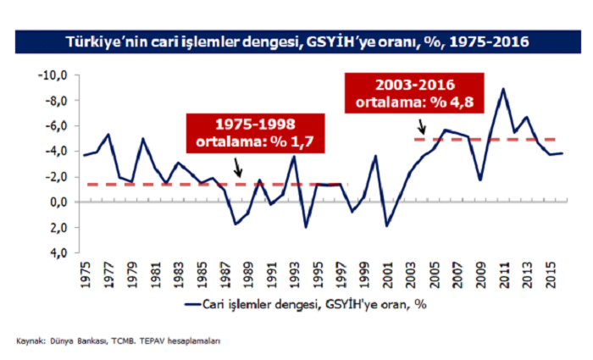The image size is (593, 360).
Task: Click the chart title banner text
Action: pos(296,40)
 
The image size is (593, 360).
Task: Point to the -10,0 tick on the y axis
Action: pos(53,75)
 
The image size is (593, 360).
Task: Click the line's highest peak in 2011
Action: pos(503,89)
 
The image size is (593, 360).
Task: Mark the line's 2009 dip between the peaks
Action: pos(480,180)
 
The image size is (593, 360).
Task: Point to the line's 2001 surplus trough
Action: pos(387,225)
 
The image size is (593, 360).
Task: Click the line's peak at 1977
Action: pos(108,135)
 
